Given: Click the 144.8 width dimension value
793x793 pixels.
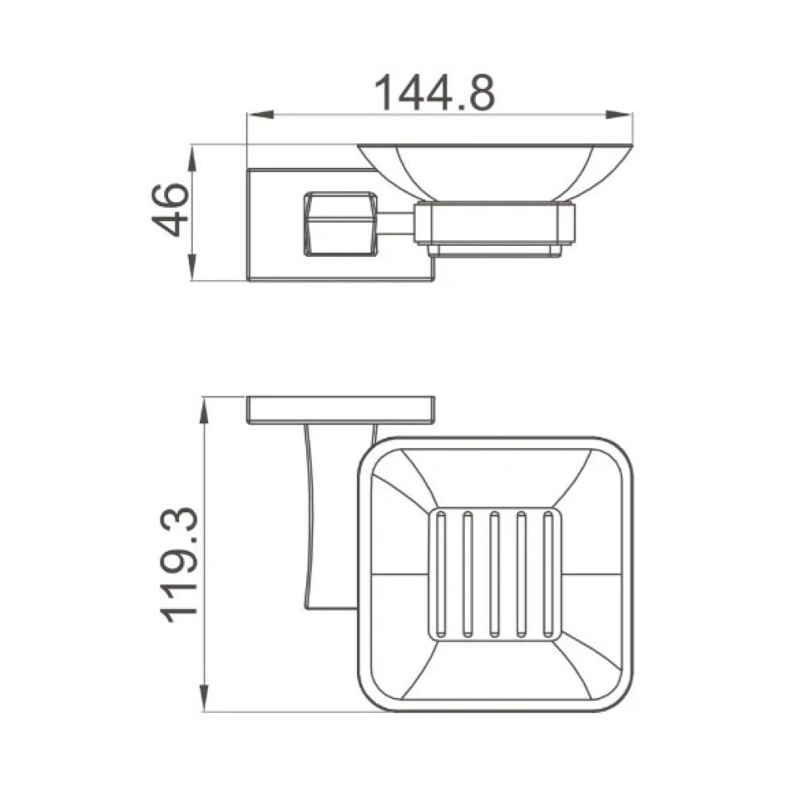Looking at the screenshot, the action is click(435, 92).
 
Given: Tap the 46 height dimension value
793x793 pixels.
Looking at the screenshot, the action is click(170, 210).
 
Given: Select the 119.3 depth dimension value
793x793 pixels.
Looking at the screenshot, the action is click(178, 565).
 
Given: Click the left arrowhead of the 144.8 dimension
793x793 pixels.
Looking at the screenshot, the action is click(260, 115).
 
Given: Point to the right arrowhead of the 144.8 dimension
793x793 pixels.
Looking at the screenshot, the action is click(619, 115).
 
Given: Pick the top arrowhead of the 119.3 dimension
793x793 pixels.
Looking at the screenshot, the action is click(205, 410).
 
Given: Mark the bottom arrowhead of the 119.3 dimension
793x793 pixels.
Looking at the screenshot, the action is click(205, 699).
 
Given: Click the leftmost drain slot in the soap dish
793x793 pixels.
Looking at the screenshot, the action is click(441, 574).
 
